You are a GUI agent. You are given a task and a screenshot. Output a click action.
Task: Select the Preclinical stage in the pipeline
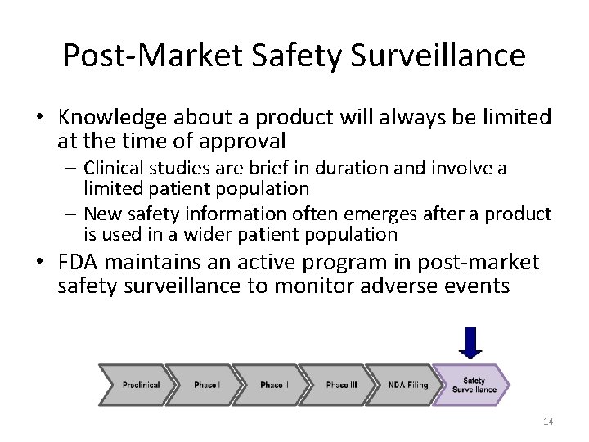click(141, 385)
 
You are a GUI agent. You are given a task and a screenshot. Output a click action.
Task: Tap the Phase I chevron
click(207, 385)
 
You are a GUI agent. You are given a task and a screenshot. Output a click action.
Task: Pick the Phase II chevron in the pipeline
click(272, 385)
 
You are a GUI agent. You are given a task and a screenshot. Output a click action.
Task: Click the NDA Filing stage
click(407, 385)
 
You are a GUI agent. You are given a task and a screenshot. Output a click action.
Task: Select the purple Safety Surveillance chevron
click(474, 385)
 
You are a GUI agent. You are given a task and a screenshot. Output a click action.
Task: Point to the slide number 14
click(548, 422)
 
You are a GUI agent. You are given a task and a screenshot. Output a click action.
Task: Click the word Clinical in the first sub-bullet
click(110, 169)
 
